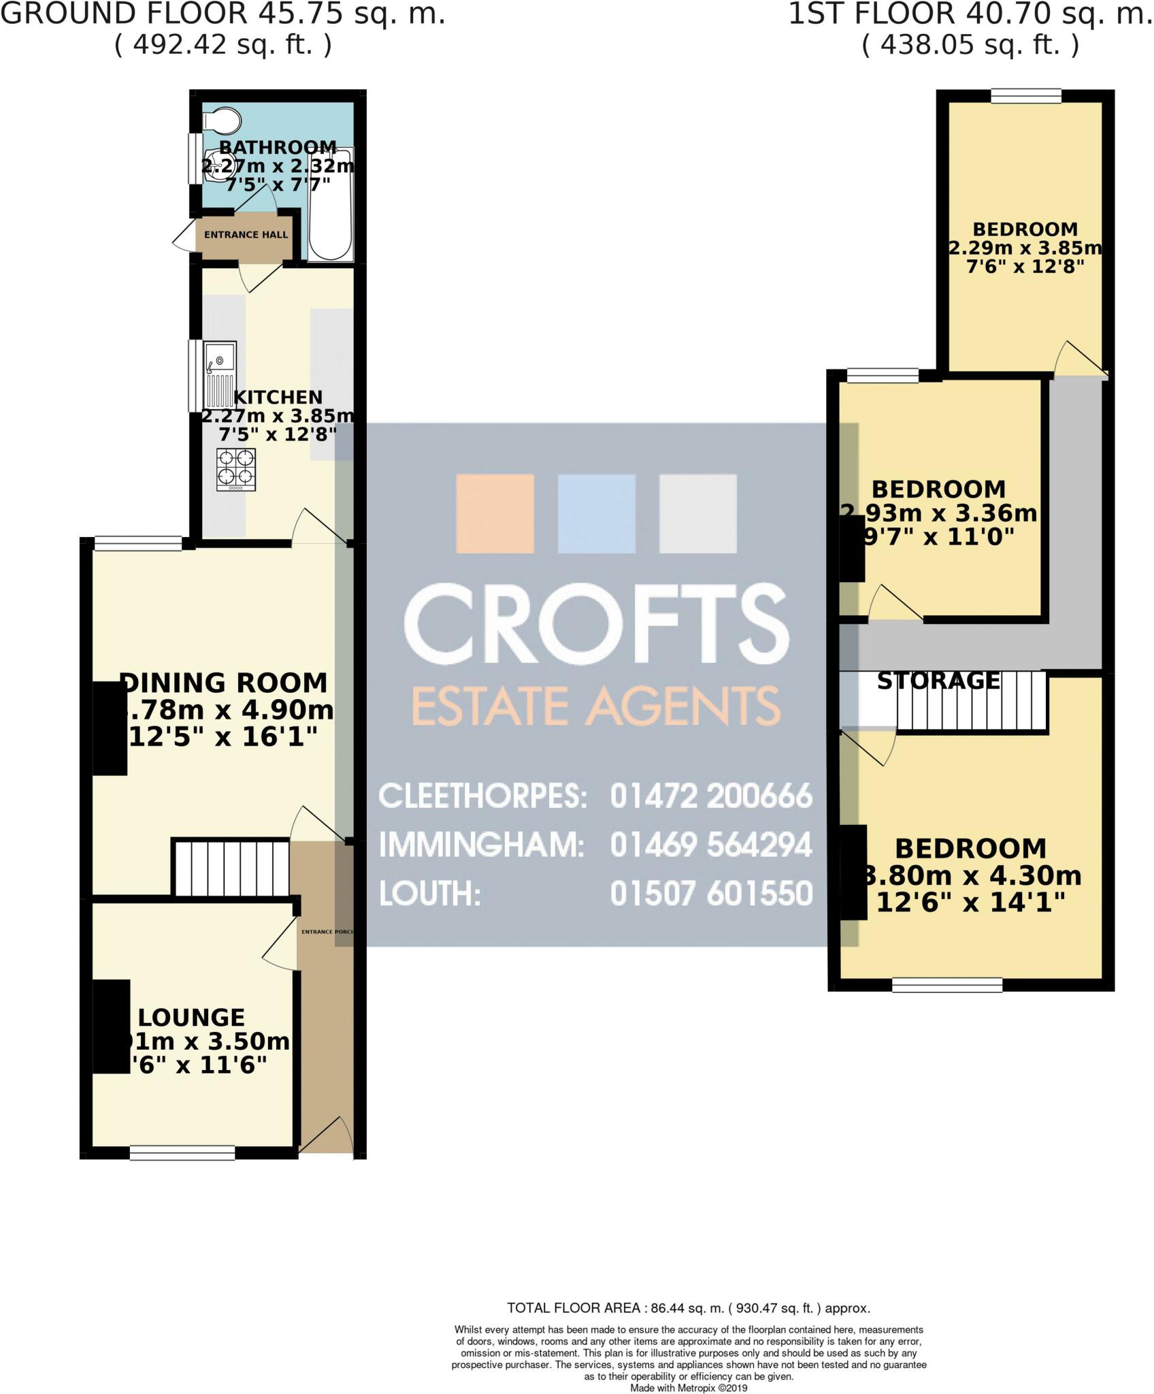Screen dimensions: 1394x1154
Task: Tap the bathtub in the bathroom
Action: coord(331,204)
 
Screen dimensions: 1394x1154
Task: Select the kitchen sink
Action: coord(220,374)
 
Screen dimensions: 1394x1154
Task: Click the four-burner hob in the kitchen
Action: coord(236,469)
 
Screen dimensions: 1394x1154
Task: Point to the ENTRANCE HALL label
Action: coord(246,235)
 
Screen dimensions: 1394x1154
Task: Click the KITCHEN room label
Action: coord(278,398)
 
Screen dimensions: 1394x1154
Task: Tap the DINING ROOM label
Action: coord(224,683)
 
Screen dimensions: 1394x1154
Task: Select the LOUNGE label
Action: coord(191,1018)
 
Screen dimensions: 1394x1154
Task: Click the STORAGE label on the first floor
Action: coord(938,681)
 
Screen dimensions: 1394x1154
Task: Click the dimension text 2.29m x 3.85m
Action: coord(1025,248)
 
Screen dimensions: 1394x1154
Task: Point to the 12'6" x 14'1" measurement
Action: coord(970,903)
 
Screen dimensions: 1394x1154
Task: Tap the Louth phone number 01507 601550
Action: coord(711,894)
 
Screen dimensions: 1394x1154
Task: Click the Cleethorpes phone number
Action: coord(711,796)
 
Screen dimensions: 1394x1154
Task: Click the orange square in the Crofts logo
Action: coord(495,513)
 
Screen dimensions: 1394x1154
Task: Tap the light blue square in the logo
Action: coord(596,513)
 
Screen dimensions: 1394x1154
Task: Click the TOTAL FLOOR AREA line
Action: coord(688,1308)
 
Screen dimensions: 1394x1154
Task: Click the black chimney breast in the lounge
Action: coord(111,1026)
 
